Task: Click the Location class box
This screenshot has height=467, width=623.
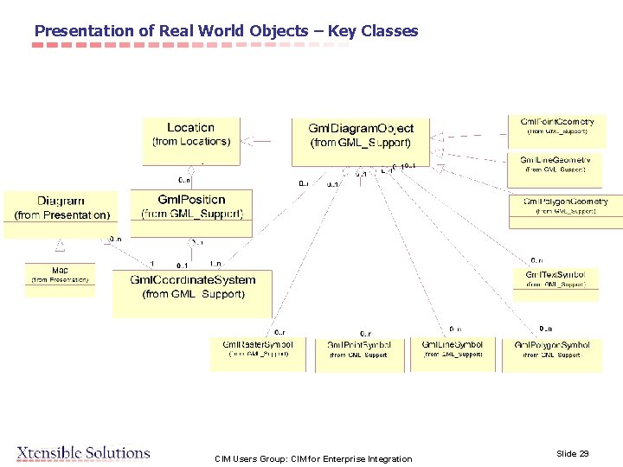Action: tap(190, 139)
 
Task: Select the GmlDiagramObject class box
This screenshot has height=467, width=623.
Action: tap(361, 139)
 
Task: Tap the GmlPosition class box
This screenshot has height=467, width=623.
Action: tap(191, 212)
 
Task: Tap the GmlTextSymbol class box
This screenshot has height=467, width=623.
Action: tap(555, 284)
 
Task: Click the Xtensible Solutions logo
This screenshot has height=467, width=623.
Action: tap(83, 452)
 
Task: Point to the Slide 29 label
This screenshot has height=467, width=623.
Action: tap(572, 453)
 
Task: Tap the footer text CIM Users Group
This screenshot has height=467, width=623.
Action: tap(253, 458)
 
